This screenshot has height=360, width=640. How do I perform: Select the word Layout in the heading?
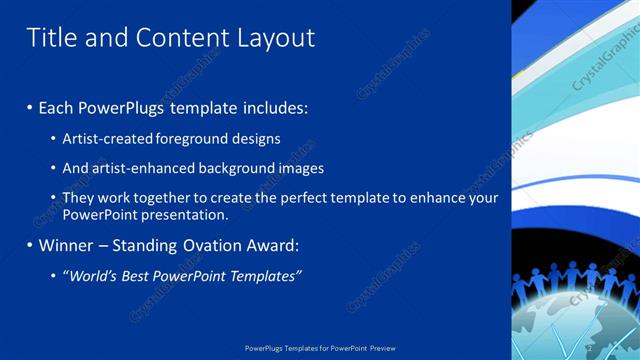276,38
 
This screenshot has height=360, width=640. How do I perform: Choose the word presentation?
191,214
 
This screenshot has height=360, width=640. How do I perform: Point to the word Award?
273,245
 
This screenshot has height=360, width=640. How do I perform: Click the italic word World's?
89,275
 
